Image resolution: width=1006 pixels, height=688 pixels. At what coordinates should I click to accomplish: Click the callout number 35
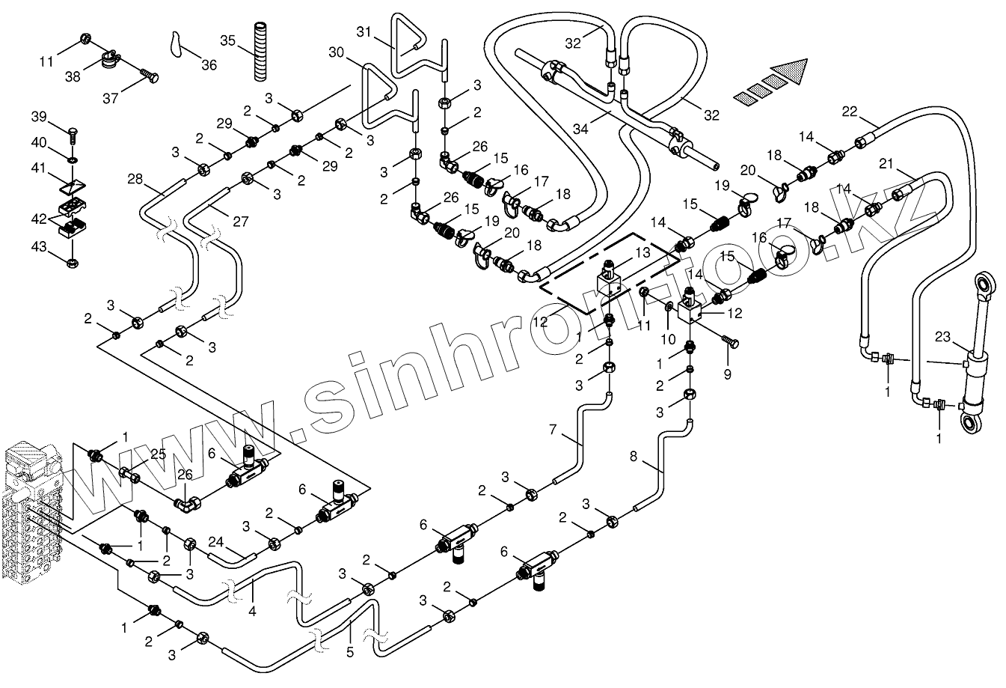pos(228,39)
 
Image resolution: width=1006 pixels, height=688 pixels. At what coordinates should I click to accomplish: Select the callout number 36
pos(209,65)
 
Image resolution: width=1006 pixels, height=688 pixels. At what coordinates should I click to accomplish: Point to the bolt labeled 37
pos(150,76)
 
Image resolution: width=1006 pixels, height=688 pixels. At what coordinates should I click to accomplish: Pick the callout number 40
pos(38,142)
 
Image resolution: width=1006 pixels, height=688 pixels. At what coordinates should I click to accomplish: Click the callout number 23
pos(941,336)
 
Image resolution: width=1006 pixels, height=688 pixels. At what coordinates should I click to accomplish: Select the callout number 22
pos(849,111)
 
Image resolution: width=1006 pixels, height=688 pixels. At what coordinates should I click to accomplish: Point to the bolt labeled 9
pos(732,342)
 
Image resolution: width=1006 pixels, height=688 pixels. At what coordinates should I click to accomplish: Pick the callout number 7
pos(553,429)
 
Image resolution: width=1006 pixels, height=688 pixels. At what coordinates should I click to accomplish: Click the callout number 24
pos(215,540)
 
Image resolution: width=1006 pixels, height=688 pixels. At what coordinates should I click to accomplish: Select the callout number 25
pos(158,454)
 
